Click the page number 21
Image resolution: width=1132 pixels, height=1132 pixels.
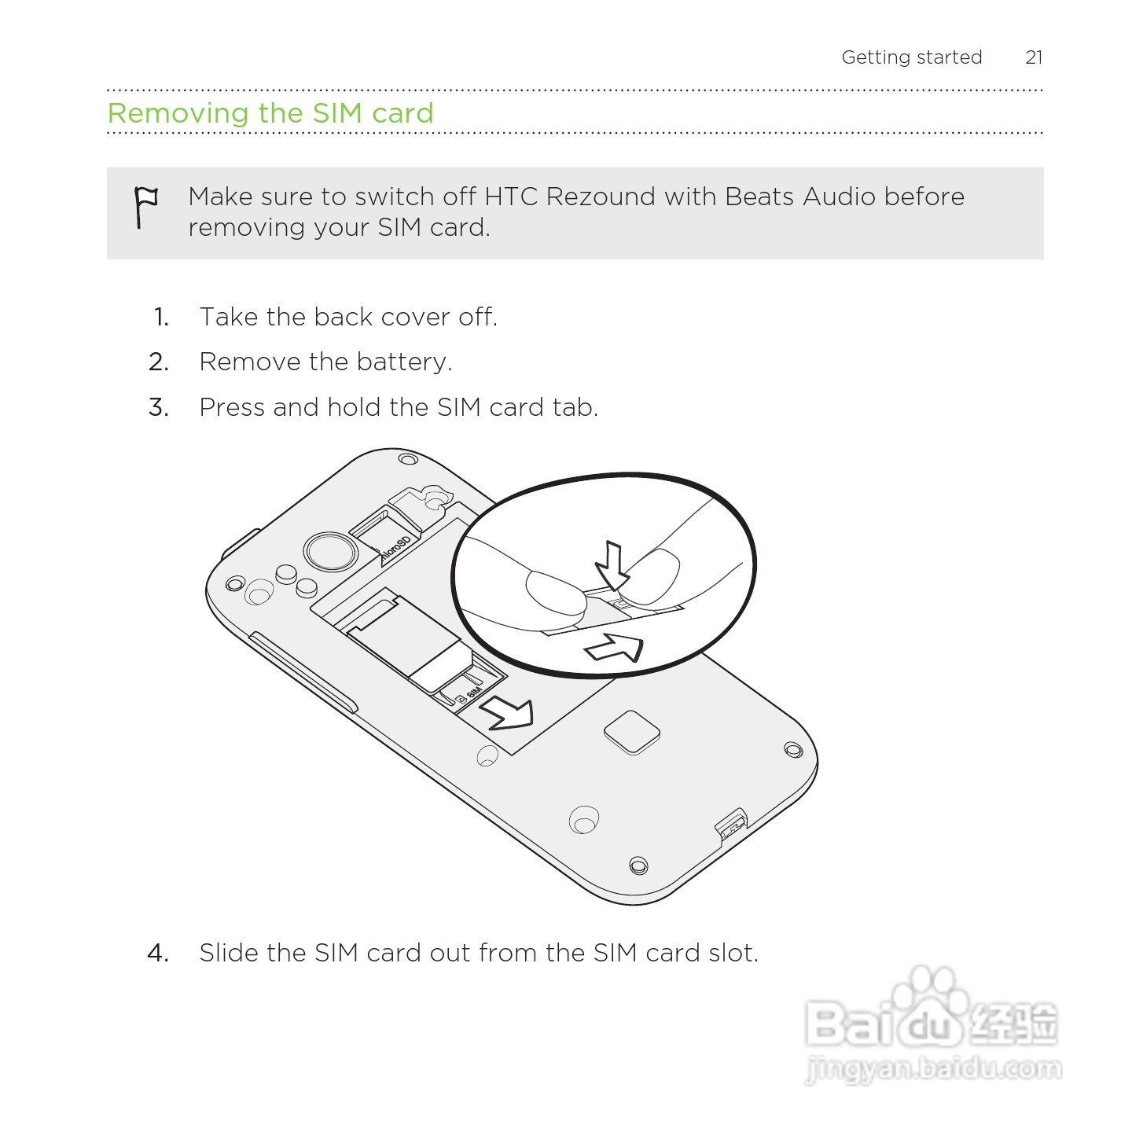coord(1034,57)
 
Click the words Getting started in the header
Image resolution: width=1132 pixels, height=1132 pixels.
coord(911,57)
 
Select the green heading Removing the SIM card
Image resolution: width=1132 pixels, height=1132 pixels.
coord(270,113)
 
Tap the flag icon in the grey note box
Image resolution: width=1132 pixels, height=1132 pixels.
coord(145,207)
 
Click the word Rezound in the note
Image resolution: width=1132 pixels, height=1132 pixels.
coord(600,197)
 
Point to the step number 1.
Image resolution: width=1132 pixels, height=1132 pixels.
coord(161,318)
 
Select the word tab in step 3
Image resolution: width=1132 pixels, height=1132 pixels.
coord(575,407)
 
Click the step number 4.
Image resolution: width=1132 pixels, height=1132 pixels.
coord(158,953)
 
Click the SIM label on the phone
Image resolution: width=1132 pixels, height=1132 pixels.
coord(472,693)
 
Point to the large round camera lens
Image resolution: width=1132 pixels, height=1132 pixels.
coord(331,551)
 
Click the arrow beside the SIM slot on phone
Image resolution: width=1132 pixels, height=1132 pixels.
coord(507,712)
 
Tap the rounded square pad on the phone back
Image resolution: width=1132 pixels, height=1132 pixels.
coord(631,732)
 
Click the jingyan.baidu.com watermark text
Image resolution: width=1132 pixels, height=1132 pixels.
coord(933,1069)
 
